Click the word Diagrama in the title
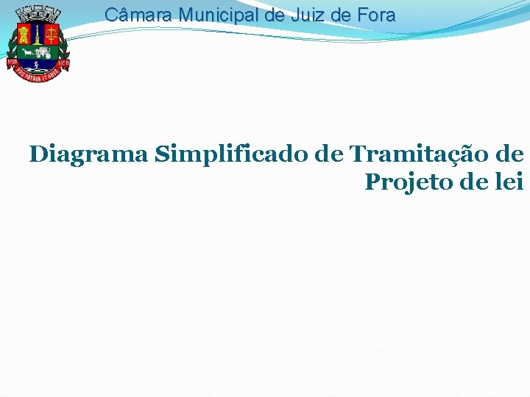(89, 154)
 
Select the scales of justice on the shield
(52, 33)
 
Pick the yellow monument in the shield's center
(36, 35)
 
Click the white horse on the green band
(28, 52)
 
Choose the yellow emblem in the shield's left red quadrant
(21, 33)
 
